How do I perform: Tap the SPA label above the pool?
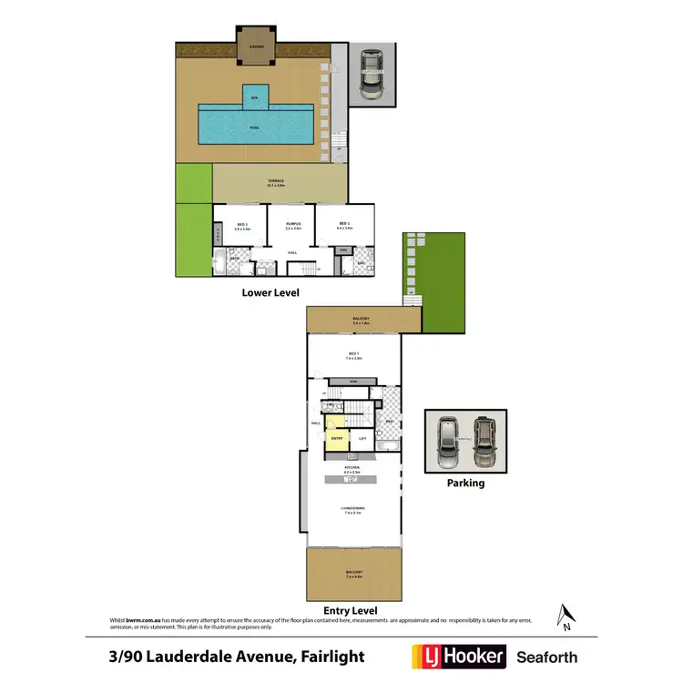coord(255,96)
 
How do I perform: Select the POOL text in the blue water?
coord(255,127)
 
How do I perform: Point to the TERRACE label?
coord(275,182)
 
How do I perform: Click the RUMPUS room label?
coord(292,225)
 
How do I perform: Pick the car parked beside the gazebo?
coord(372,77)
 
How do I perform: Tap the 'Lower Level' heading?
coord(270,292)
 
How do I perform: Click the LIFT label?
coord(362,439)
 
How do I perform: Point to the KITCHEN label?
coord(352,468)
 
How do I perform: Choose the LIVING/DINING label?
coord(352,511)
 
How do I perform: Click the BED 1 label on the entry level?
coord(352,355)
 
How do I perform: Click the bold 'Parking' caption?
coord(464,483)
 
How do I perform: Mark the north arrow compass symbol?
coord(566,617)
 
